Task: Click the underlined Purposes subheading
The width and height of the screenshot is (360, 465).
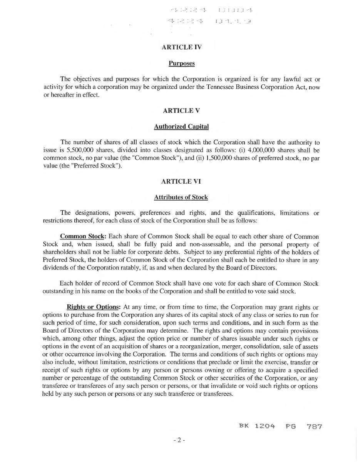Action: (181, 63)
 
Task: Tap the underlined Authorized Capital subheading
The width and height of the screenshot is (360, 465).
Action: (181, 126)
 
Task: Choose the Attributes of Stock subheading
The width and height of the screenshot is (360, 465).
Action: (181, 197)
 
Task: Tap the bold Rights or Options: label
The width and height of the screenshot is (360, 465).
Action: (94, 307)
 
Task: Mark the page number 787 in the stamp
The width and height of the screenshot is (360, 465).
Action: (314, 426)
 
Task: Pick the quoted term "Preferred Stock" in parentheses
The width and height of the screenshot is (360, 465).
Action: (96, 166)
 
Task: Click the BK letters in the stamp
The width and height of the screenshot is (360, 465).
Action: (244, 426)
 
